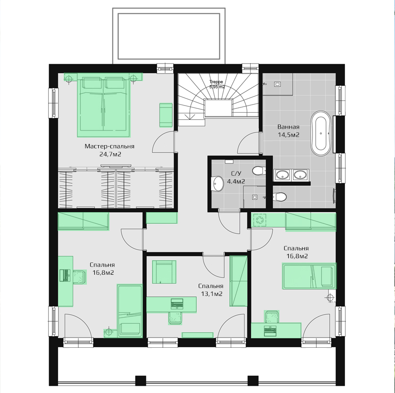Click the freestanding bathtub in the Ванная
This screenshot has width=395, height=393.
pos(321,133)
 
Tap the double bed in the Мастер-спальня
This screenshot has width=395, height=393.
pos(103,105)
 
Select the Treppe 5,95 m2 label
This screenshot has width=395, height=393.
pos(217,84)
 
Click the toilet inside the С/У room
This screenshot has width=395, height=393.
pos(259,171)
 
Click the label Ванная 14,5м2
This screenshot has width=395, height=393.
pos(288,131)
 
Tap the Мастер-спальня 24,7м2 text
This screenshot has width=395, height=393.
pos(109,150)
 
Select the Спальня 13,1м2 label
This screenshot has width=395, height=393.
pos(211,290)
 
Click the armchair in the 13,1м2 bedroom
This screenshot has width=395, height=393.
pos(164,272)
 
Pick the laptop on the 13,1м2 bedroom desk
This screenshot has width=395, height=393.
pos(177,303)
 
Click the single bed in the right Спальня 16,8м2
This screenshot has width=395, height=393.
pos(309,276)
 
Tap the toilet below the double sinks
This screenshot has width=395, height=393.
pos(280,196)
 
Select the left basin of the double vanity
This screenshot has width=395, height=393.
pos(283,175)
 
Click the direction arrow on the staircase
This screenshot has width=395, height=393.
pos(190,117)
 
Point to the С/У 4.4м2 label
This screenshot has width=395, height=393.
pos(235,177)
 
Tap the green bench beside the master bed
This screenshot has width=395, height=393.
pos(166,115)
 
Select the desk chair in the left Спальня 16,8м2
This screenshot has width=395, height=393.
pos(80,277)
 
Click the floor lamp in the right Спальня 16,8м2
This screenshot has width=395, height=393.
pos(330,298)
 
